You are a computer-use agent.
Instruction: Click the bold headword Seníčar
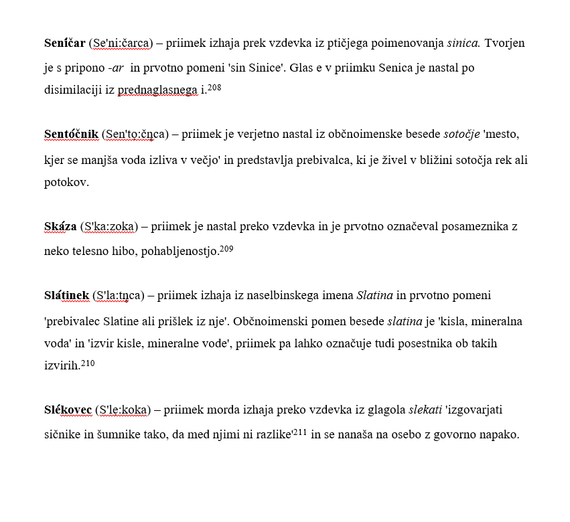[x=64, y=43]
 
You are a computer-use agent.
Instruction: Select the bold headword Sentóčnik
[x=71, y=135]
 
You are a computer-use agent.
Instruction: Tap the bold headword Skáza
[x=60, y=226]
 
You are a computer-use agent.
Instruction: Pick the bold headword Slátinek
[x=66, y=295]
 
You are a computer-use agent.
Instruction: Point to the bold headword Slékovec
[x=68, y=409]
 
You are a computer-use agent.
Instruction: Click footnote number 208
[x=214, y=88]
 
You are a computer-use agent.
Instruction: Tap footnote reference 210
[x=88, y=363]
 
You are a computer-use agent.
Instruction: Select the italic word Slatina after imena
[x=374, y=295]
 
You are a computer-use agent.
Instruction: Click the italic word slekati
[x=423, y=409]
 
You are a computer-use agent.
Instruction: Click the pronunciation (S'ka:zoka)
[x=109, y=226]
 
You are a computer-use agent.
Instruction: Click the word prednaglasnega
[x=158, y=90]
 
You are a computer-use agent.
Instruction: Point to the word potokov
[x=66, y=182]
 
